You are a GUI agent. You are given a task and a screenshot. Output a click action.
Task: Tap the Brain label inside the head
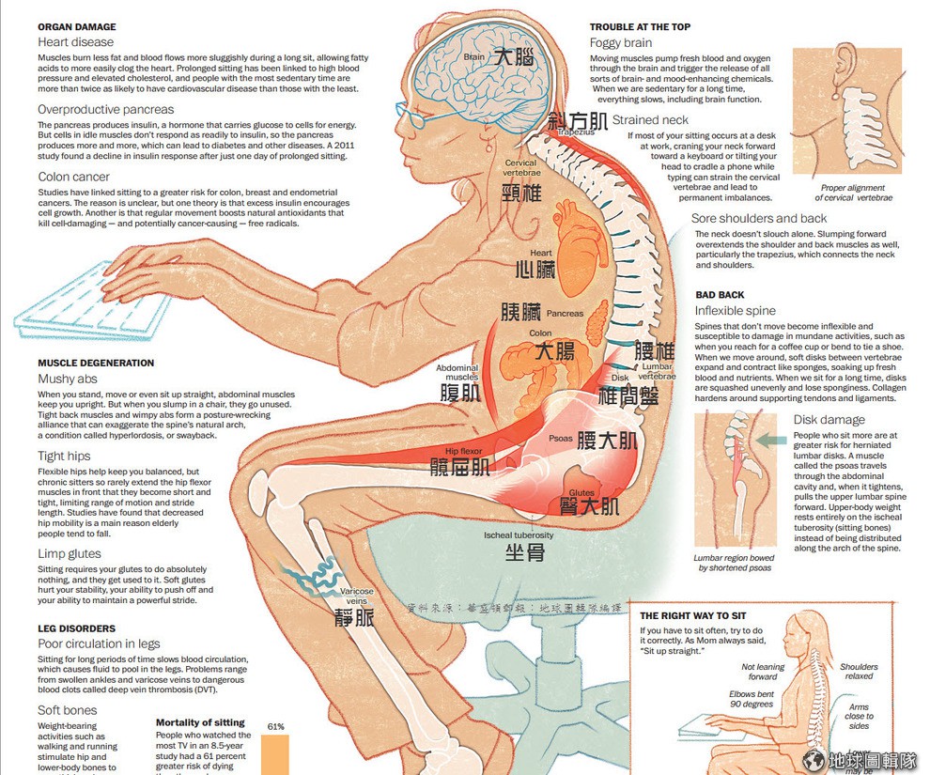(x=474, y=56)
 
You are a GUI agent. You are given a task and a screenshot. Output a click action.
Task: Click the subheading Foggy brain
(x=620, y=43)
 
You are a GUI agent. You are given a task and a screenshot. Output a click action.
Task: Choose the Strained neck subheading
(x=650, y=120)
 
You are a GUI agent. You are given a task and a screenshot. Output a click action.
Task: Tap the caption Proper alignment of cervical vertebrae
(x=856, y=193)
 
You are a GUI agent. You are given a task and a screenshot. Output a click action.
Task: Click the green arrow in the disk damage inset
(x=771, y=439)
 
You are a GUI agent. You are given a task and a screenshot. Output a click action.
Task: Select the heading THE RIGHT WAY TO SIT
(x=699, y=615)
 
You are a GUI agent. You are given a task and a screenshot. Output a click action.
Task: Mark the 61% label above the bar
(x=275, y=726)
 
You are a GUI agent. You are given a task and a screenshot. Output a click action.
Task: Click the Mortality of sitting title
(x=200, y=723)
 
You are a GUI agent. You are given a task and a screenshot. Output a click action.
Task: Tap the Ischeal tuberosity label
(x=519, y=535)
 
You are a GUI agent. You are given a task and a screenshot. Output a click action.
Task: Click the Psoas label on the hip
(x=561, y=438)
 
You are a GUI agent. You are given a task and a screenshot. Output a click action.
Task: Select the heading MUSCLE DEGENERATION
(x=96, y=363)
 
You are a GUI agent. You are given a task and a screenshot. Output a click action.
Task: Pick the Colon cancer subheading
(x=73, y=177)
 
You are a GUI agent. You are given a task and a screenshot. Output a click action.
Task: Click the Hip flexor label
(x=464, y=451)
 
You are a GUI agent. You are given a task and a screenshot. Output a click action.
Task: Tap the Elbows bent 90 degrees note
(x=751, y=700)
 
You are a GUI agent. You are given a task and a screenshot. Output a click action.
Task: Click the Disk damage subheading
(x=829, y=420)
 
